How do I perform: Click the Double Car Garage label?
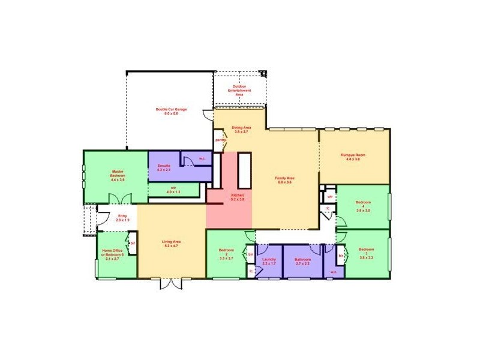pos(171,111)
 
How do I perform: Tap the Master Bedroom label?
pos(118,175)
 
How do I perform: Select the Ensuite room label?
pos(164,168)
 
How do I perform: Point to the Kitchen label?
pos(238,197)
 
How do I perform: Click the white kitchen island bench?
pos(244,171)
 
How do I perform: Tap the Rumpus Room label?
pos(353,157)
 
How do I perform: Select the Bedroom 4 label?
pos(364,206)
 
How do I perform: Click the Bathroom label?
pos(302,261)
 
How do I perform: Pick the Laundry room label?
pos(269,261)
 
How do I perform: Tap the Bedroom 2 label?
pos(226,254)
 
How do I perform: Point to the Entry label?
pos(122,218)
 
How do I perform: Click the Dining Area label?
pos(241,129)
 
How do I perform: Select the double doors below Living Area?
pos(170,283)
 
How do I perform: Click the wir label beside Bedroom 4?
pos(330,196)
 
